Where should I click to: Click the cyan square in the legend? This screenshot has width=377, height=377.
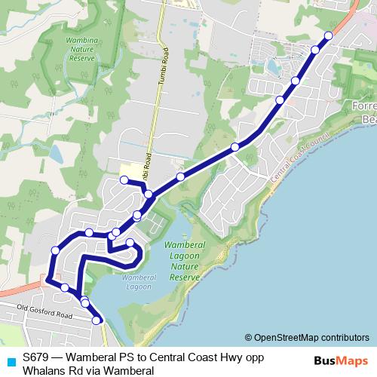point(10,361)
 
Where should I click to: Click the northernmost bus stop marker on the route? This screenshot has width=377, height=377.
point(329,35)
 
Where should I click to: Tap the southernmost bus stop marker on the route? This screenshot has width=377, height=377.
point(97,320)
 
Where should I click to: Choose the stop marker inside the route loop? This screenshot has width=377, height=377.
point(130,242)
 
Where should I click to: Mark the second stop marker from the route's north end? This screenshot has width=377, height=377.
point(315,50)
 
